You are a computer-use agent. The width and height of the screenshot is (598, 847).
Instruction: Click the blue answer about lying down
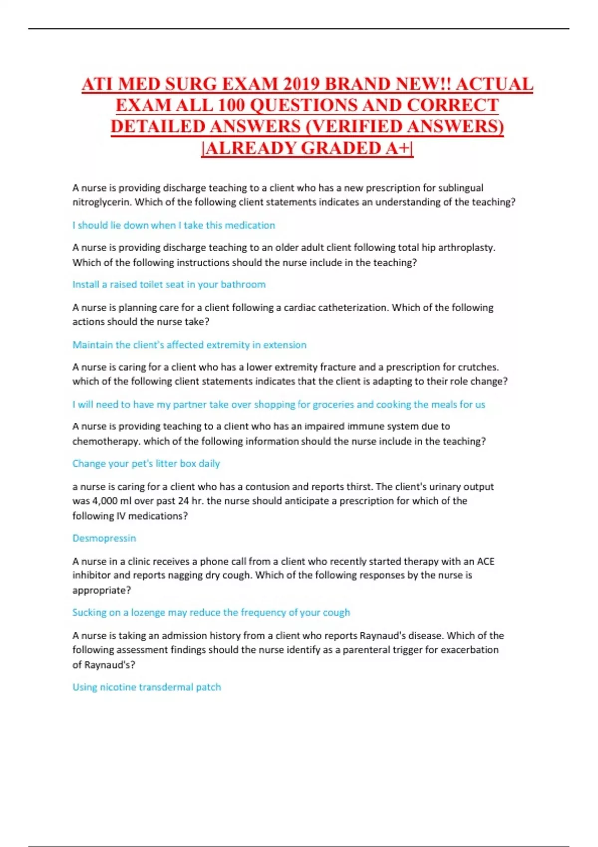pyautogui.click(x=173, y=225)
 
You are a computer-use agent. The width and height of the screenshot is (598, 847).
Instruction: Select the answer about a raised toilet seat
pyautogui.click(x=169, y=284)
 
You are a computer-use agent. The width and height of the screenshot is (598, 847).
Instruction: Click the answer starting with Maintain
pyautogui.click(x=189, y=345)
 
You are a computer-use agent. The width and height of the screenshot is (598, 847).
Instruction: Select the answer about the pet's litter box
pyautogui.click(x=146, y=463)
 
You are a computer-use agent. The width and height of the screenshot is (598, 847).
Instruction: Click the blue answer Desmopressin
pyautogui.click(x=104, y=538)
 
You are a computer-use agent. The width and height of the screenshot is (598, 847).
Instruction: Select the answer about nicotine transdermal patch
pyautogui.click(x=147, y=687)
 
